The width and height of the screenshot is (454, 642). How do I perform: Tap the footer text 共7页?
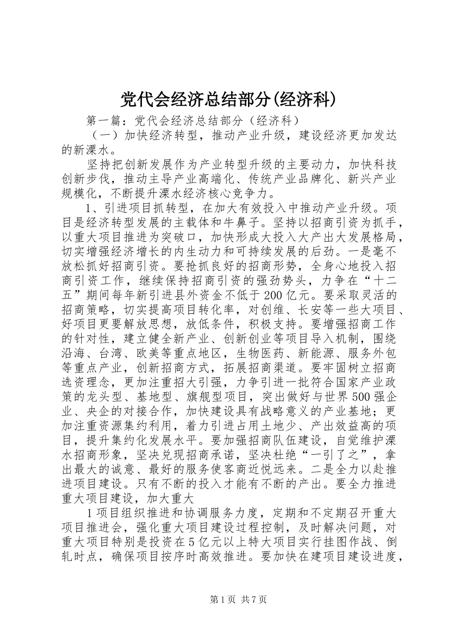click(x=254, y=599)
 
